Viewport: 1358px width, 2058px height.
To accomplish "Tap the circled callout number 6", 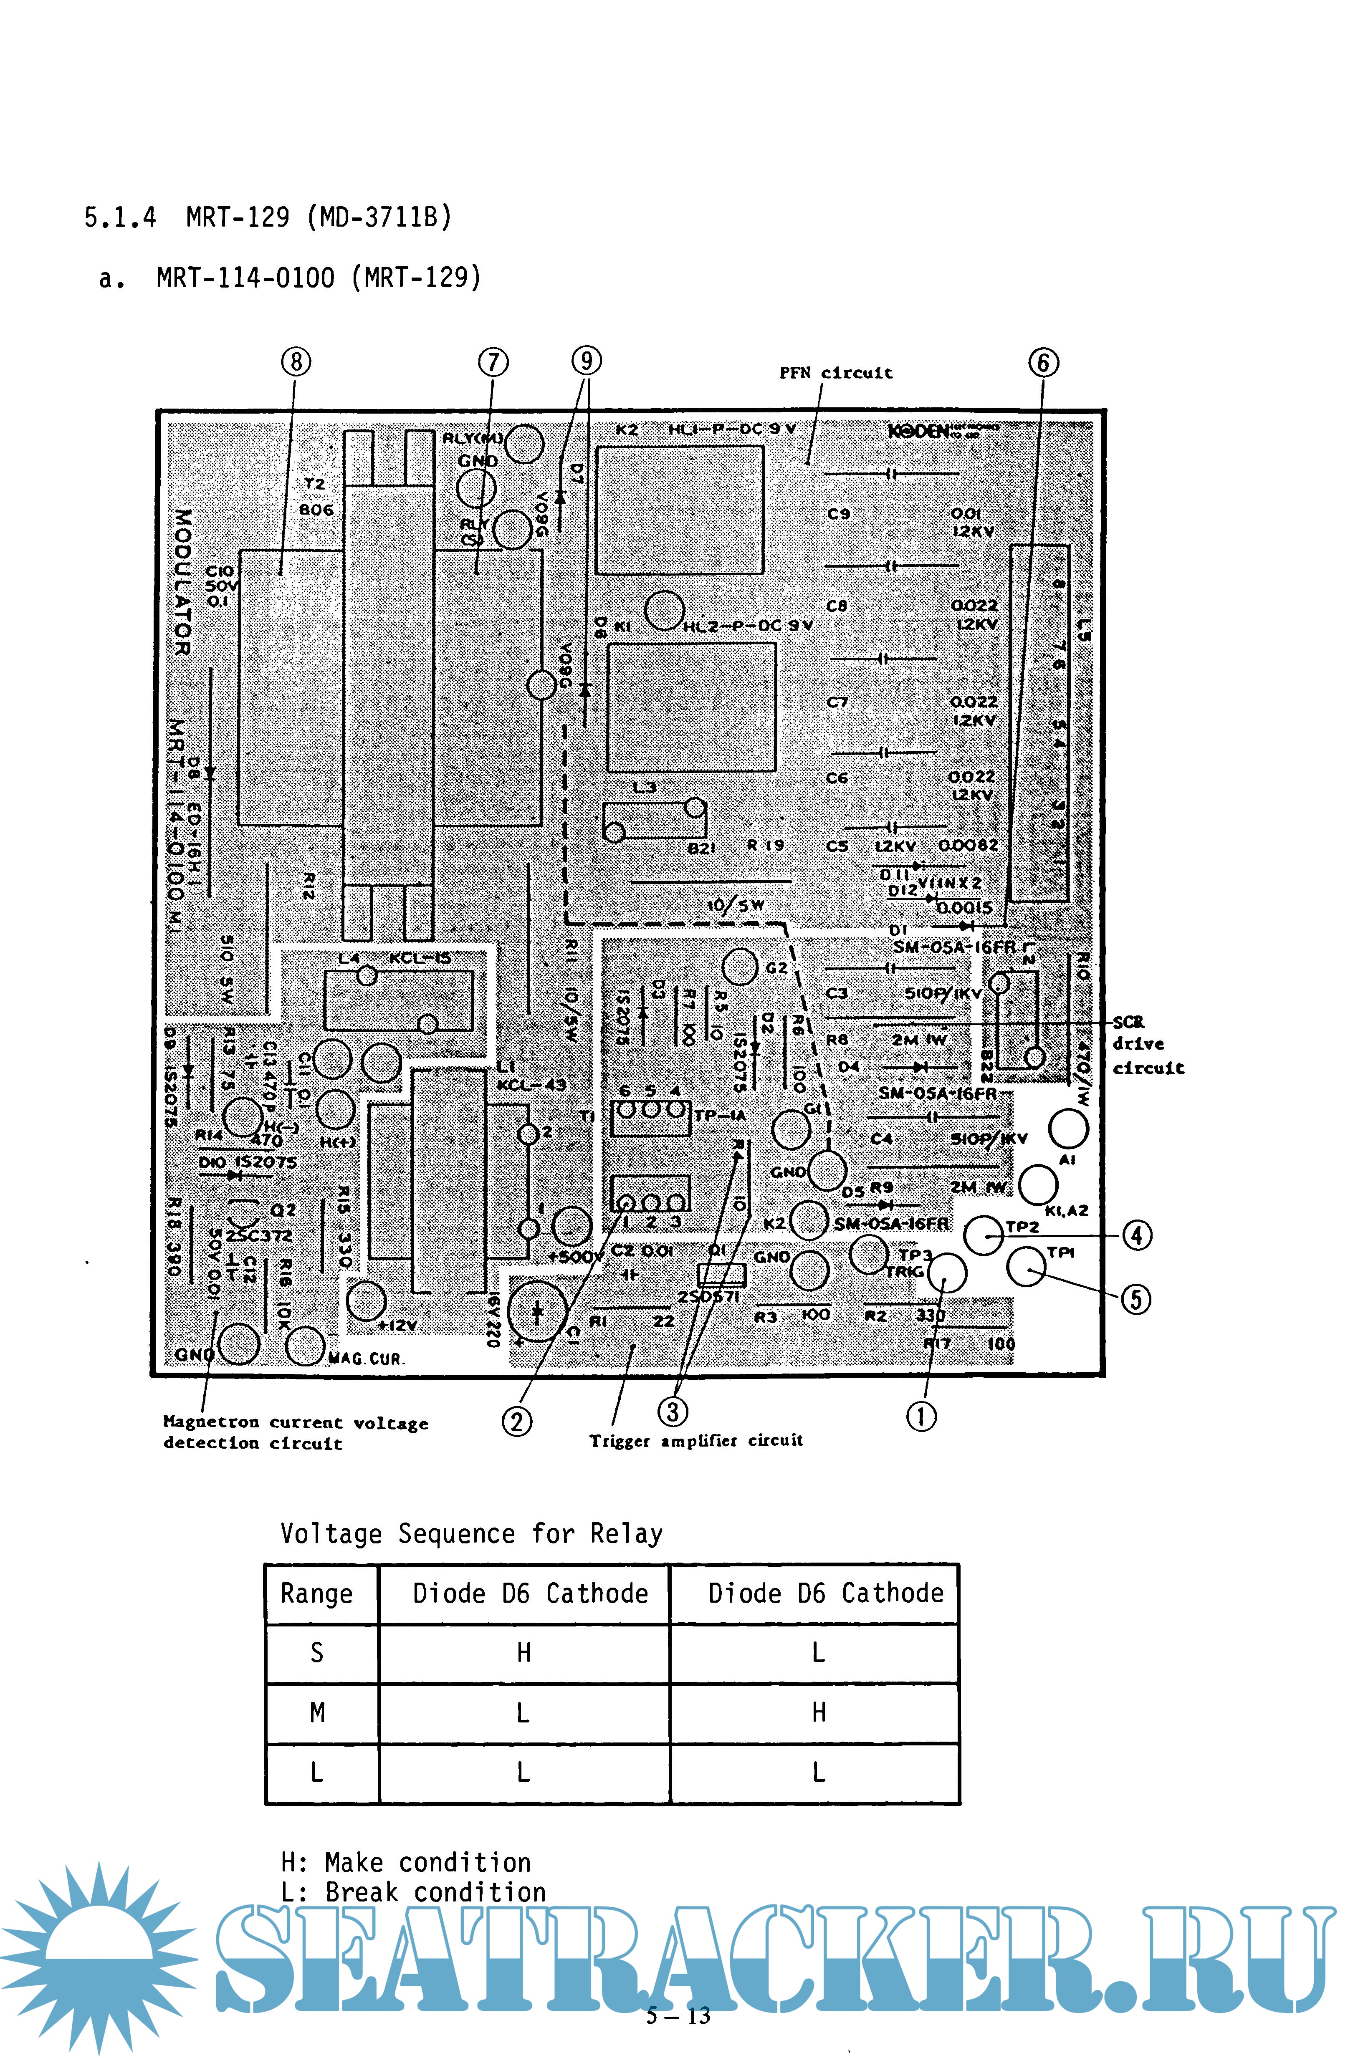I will point(1043,362).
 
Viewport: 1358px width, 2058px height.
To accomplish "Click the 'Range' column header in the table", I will point(317,1594).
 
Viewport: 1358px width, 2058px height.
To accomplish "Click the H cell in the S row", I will point(523,1653).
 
